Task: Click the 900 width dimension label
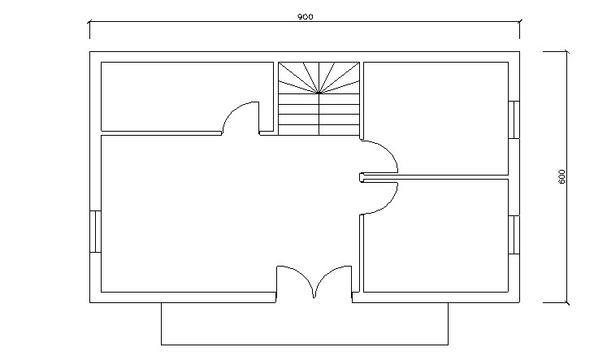point(305,16)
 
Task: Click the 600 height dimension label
point(562,177)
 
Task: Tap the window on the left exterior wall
point(95,232)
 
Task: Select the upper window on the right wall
point(514,119)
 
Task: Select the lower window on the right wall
point(514,235)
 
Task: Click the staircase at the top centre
point(319,98)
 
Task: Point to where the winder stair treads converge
point(319,93)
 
